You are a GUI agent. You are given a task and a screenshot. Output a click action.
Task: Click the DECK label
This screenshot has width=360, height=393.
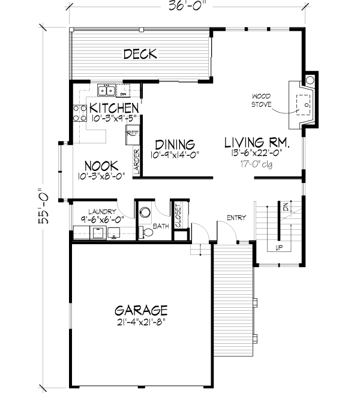coord(140,55)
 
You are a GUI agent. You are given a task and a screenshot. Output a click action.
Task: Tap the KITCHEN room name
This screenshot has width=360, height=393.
coord(112,108)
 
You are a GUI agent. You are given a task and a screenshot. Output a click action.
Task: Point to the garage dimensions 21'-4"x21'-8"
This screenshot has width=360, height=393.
coord(141,322)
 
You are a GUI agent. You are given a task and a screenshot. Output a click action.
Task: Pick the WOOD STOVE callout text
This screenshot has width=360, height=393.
coord(262,100)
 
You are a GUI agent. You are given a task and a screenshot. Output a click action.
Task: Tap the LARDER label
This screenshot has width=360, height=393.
coord(136,162)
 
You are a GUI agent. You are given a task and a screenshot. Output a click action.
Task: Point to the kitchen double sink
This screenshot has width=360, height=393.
coord(106,91)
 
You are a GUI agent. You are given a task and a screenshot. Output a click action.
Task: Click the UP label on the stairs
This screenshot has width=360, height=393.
coord(279,247)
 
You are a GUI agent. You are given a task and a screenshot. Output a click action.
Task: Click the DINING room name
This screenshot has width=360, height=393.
coord(175,145)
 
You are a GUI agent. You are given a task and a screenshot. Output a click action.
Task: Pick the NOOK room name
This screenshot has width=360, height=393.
coord(100,165)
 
